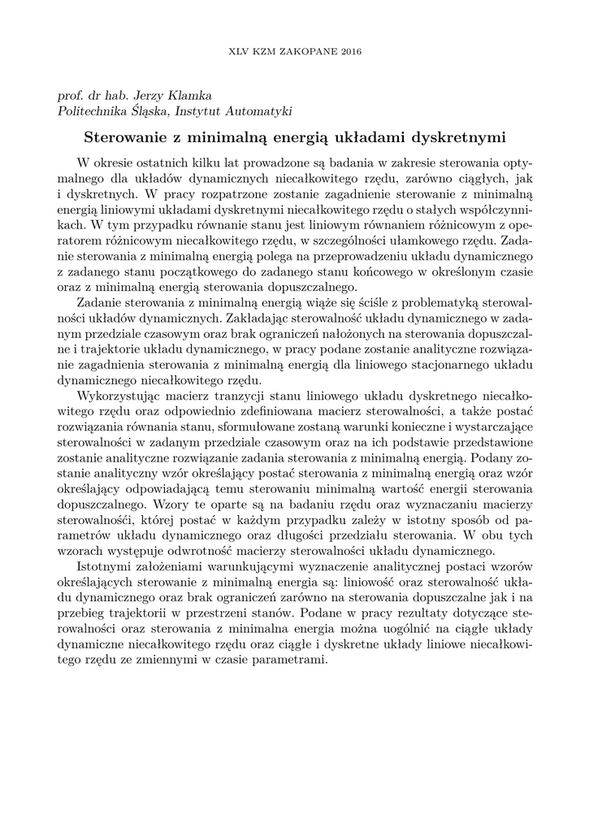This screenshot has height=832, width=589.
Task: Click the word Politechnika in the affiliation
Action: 91,110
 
